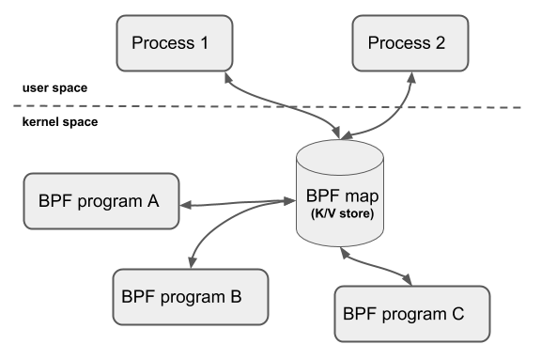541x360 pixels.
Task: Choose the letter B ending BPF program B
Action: pyautogui.click(x=236, y=296)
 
